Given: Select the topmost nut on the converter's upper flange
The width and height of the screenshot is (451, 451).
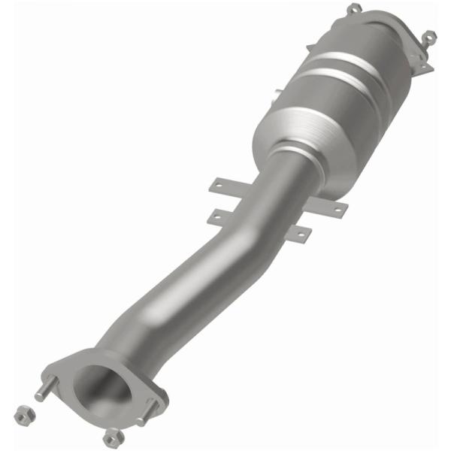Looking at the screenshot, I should tap(354, 9).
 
